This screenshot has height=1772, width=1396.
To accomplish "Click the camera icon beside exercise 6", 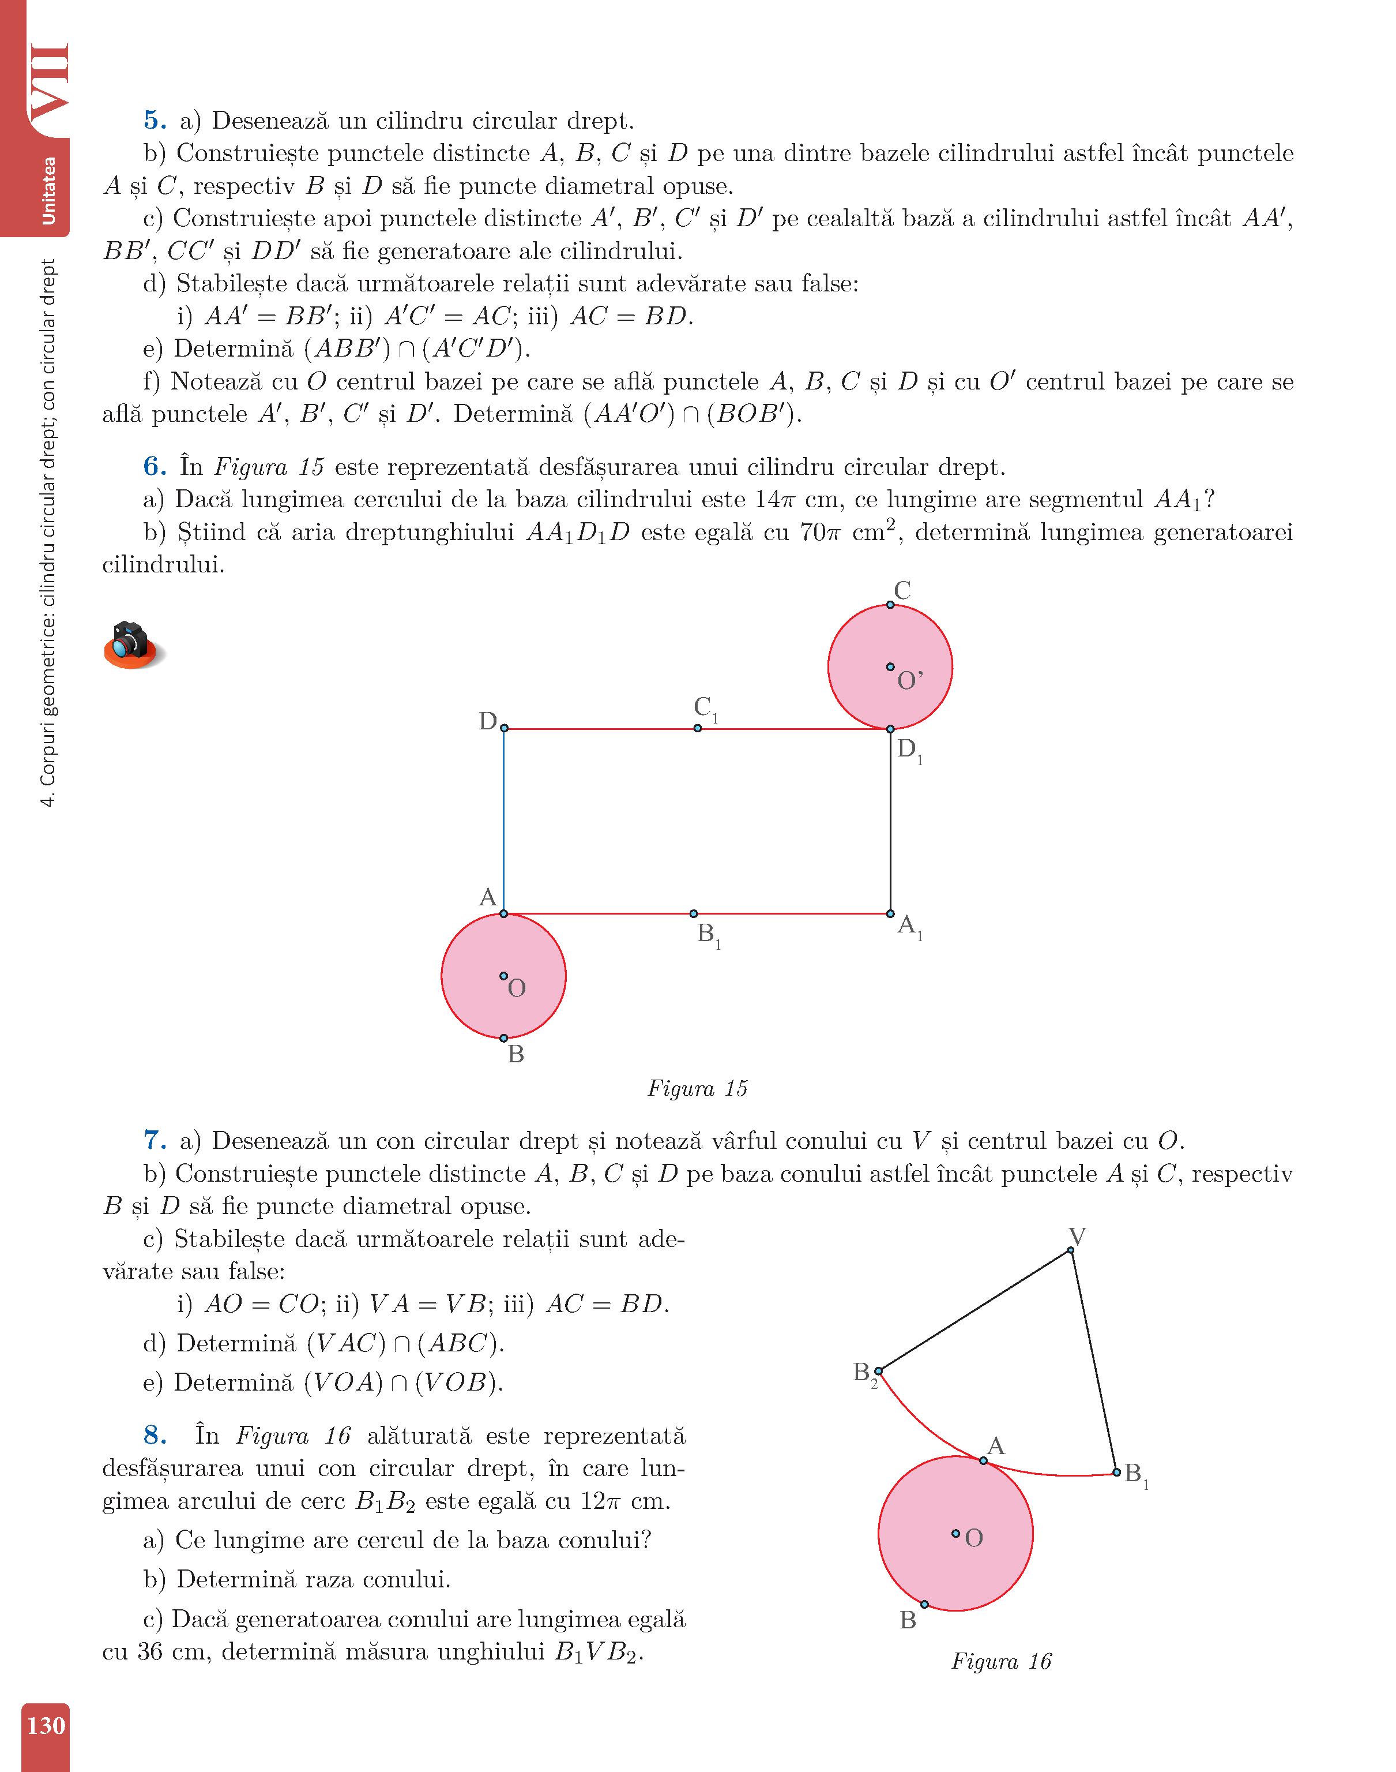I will click(131, 645).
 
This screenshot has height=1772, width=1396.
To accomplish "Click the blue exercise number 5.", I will click(155, 121).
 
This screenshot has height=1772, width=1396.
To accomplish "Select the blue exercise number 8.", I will click(155, 1436).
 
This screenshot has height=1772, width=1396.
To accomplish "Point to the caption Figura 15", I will click(697, 1088).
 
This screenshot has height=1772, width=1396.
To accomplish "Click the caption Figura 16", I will click(1000, 1662).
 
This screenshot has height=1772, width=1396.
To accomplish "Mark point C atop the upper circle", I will click(890, 605).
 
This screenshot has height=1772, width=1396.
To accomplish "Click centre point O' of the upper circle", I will click(890, 667).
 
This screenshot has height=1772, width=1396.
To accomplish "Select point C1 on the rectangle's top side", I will click(697, 728).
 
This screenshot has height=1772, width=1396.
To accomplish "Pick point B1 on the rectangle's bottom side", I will click(694, 913).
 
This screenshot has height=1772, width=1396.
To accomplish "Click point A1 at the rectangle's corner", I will click(890, 913).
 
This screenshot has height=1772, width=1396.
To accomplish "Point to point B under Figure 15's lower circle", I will click(503, 1039).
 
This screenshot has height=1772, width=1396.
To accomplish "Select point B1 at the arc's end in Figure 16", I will click(1116, 1473).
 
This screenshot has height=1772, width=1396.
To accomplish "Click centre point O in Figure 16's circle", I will click(955, 1534).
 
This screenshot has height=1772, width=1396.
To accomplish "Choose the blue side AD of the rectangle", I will click(503, 820).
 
